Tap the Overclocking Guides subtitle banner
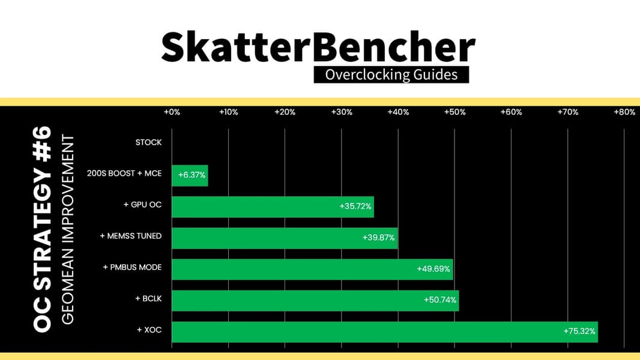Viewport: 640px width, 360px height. [391, 74]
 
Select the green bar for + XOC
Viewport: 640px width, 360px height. [385, 332]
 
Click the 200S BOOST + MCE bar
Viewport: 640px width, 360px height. [190, 175]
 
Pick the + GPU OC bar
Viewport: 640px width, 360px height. [273, 207]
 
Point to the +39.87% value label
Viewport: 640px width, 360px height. [378, 238]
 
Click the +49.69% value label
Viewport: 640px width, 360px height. [433, 269]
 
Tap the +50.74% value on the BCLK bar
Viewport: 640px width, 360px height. [439, 300]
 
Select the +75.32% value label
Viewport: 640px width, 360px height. [579, 331]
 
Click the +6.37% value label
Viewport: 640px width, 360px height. [192, 175]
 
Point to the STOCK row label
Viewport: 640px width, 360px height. [148, 142]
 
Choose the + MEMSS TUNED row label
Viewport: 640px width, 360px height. [131, 236]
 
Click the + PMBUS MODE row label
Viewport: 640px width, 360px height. [132, 268]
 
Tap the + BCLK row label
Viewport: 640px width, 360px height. [148, 299]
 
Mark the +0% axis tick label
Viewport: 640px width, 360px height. [172, 112]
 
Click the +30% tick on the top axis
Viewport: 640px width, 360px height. [342, 112]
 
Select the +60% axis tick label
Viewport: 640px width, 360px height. [511, 112]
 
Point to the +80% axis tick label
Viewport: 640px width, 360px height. [624, 112]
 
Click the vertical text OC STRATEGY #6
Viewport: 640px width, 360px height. [42, 229]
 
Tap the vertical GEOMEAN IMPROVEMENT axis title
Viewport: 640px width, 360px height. [68, 230]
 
